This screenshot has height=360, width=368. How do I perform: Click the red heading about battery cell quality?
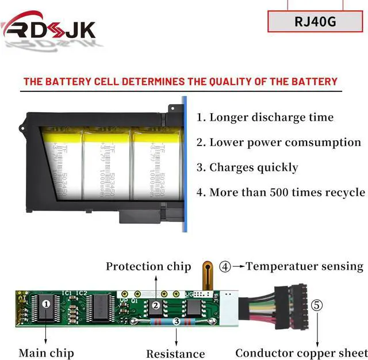(180, 81)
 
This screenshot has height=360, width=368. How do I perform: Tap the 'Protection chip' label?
(148, 266)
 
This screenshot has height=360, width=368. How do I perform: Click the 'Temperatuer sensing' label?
(305, 266)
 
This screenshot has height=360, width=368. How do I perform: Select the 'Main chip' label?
(46, 353)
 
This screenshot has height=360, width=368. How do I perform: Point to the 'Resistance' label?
(175, 354)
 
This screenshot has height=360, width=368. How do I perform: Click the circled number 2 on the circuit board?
(156, 305)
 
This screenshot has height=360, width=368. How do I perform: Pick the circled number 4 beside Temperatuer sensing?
(225, 267)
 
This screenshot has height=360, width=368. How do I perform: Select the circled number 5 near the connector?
(317, 305)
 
